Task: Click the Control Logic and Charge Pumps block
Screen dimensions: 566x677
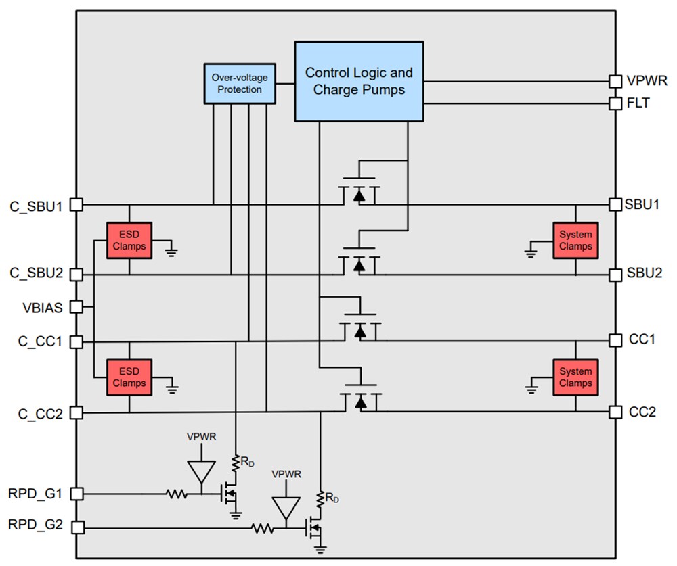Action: coord(359,81)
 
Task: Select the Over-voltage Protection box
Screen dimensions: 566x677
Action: coord(240,84)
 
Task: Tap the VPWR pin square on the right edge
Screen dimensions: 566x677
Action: coord(615,81)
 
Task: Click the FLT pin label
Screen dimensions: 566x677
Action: coord(637,103)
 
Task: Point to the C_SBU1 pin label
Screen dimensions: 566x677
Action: coord(36,205)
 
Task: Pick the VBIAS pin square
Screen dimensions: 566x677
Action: coord(77,307)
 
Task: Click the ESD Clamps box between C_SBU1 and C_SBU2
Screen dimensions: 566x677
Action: coord(129,240)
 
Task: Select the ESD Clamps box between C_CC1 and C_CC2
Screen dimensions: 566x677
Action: coord(129,377)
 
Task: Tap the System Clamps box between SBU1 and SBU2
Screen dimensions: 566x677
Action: coord(575,240)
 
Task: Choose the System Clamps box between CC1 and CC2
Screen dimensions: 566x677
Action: coord(575,377)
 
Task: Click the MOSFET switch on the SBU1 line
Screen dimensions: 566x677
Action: coord(359,193)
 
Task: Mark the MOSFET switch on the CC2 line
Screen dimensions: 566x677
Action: coord(359,400)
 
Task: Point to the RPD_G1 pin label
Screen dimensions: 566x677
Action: coord(36,494)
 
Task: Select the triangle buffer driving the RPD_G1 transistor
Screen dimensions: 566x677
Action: coord(202,471)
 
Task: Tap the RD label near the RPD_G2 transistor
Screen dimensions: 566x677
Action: coord(332,499)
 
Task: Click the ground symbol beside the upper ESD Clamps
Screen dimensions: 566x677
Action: coord(171,252)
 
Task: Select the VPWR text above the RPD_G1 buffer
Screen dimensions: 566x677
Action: coord(202,437)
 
